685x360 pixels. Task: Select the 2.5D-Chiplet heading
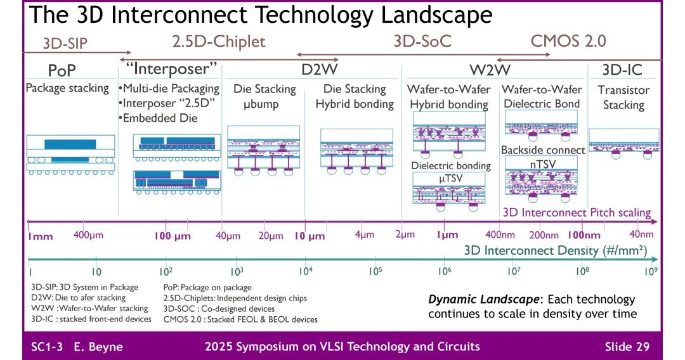tap(218, 42)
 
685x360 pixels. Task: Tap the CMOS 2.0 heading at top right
tap(568, 41)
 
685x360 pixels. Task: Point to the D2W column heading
tap(319, 69)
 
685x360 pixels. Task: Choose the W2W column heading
tap(489, 69)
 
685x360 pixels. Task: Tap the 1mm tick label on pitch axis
tap(40, 236)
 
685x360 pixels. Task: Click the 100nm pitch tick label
tap(584, 236)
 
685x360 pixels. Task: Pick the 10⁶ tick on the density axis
tap(444, 271)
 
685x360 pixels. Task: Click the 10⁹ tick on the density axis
tap(651, 271)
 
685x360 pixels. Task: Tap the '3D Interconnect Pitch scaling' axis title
tap(577, 213)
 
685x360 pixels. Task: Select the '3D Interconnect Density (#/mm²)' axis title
tap(555, 250)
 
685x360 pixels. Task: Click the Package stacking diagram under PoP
tap(70, 155)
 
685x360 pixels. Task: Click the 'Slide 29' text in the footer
tap(626, 347)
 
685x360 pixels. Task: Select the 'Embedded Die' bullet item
tap(159, 118)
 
